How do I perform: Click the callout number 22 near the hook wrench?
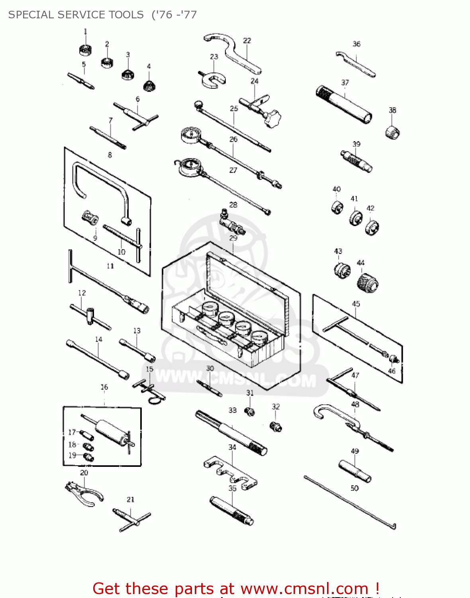tap(247, 41)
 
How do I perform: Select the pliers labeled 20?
tap(84, 493)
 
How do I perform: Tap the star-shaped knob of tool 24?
tap(272, 118)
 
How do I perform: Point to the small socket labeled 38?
tap(392, 132)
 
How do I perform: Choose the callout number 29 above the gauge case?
tap(233, 238)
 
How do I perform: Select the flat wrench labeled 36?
tap(355, 63)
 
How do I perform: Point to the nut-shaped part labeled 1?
tap(85, 50)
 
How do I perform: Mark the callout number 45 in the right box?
tap(356, 304)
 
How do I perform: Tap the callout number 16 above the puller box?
tap(104, 387)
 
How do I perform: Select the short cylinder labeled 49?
tap(354, 471)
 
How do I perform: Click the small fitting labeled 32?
tap(276, 426)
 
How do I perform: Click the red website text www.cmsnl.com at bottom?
tap(305, 588)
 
